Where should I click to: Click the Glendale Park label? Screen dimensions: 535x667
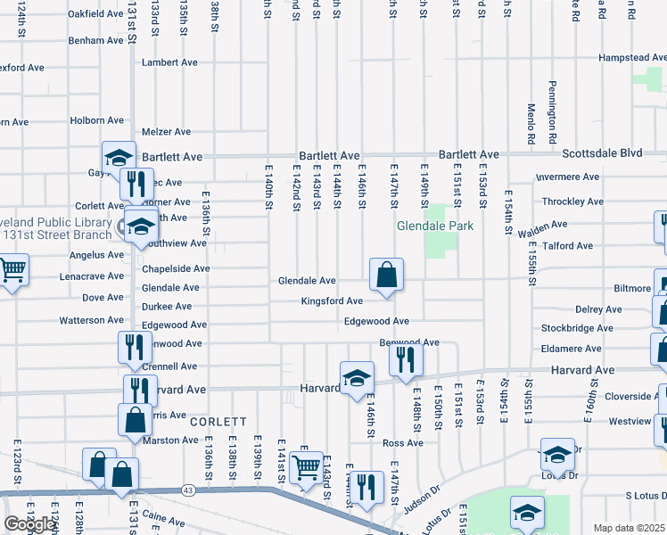[x=435, y=226]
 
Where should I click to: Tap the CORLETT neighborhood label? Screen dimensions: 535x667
[x=218, y=422]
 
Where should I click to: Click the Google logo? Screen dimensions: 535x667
[x=29, y=524]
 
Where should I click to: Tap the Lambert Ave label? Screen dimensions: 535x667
[x=169, y=62]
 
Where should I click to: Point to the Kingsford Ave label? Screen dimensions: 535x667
[x=332, y=301]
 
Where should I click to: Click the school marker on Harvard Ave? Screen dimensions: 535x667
[x=356, y=378]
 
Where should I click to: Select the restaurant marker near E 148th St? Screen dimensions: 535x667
[x=406, y=360]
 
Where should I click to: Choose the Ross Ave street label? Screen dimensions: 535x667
[x=402, y=443]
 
